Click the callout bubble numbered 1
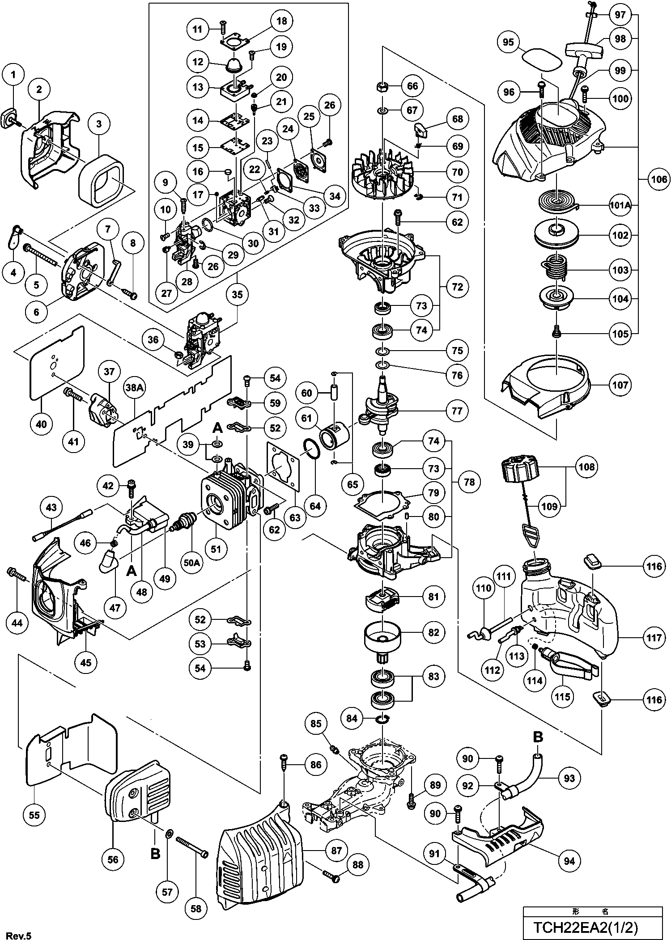13,75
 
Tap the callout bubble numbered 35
238,294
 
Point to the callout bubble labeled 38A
135,389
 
